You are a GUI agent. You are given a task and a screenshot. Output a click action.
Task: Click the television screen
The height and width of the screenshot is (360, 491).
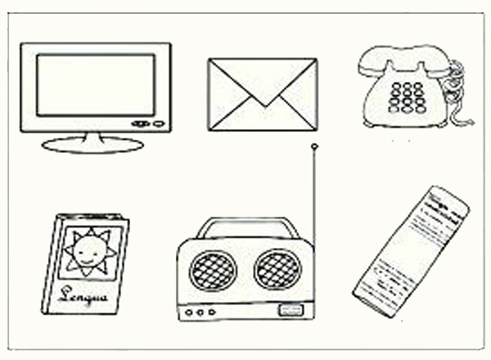(x=95, y=84)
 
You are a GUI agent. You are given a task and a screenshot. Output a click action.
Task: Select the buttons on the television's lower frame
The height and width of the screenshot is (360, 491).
(x=147, y=124)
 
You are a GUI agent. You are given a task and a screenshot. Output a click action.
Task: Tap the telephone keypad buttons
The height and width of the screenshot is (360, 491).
(x=407, y=97)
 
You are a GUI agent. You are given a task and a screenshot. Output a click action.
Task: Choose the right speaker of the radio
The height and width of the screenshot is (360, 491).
(x=277, y=269)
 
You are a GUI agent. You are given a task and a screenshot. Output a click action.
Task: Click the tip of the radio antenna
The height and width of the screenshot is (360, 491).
(x=314, y=147)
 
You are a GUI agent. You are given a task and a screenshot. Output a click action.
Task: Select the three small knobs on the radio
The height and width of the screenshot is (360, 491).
(x=200, y=312)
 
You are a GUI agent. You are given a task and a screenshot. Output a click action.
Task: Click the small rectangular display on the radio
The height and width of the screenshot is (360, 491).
(x=288, y=309)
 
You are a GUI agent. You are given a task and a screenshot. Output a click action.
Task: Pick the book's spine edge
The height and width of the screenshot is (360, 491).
(x=50, y=262)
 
